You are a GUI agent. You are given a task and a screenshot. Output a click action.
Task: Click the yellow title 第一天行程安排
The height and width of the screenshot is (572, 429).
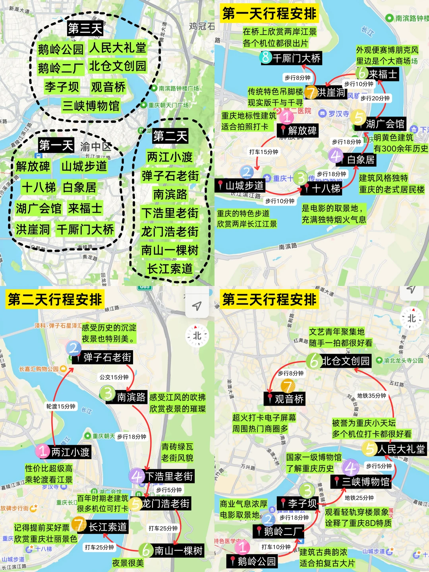(x=269, y=14)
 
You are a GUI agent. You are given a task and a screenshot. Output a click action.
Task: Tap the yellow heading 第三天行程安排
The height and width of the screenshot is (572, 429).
(x=269, y=300)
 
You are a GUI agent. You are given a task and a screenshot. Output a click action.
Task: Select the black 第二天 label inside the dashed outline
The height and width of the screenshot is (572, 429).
(x=170, y=136)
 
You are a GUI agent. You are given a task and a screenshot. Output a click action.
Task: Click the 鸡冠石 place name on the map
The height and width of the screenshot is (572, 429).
(x=202, y=26)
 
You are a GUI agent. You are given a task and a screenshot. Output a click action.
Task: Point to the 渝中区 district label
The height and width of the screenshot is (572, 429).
(x=95, y=146)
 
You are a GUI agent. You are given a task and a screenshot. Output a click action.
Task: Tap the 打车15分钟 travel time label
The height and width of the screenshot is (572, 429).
(x=264, y=152)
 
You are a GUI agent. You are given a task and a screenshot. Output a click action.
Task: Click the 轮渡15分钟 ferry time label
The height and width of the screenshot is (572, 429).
(x=61, y=406)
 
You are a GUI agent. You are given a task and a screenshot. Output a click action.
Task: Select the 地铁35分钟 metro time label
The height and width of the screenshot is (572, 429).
(x=371, y=396)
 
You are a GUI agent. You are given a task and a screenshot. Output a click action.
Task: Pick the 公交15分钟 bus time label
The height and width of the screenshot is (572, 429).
(x=114, y=377)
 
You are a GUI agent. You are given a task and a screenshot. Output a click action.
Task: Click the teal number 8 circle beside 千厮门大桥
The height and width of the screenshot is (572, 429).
(x=266, y=58)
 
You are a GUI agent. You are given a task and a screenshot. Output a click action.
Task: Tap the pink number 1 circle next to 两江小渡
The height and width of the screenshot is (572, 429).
(x=43, y=451)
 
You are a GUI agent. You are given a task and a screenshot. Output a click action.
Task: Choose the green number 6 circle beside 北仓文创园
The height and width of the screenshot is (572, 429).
(x=313, y=361)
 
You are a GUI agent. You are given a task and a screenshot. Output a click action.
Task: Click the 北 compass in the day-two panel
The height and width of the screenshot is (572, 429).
(x=197, y=336)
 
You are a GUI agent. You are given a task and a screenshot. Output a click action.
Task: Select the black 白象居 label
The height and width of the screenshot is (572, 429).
(x=361, y=160)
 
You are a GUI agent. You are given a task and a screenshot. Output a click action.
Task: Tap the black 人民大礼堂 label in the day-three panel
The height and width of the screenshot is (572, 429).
(x=401, y=449)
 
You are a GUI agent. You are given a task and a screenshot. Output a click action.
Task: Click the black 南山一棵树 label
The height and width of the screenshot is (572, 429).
(x=178, y=551)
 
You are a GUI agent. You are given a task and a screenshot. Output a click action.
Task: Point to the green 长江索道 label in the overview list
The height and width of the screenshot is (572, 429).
(x=170, y=269)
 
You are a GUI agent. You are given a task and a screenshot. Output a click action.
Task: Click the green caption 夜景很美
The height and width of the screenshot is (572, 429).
(x=128, y=563)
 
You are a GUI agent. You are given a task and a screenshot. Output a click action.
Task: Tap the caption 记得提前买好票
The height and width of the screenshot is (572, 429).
(x=42, y=528)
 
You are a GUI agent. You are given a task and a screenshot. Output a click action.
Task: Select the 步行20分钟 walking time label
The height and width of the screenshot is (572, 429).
(x=375, y=98)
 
